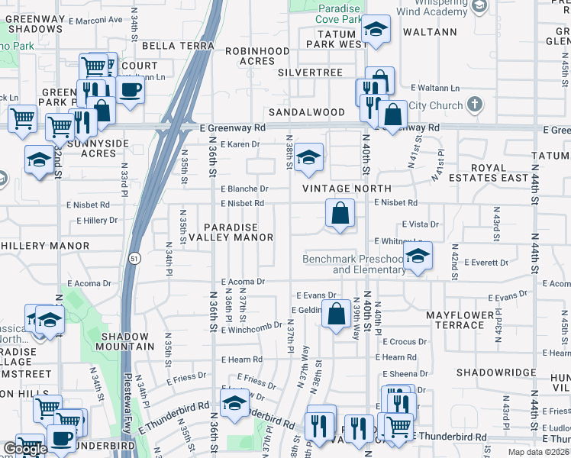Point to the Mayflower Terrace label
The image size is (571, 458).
pyautogui.click(x=455, y=320)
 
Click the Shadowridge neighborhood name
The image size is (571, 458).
pyautogui.click(x=496, y=373)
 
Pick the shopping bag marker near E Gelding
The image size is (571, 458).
pyautogui.click(x=336, y=314)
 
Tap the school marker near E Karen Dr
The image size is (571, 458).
pyautogui.click(x=308, y=158)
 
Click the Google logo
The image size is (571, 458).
pyautogui.click(x=24, y=449)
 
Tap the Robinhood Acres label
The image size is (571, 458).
pyautogui.click(x=258, y=56)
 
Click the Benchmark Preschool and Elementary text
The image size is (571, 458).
pyautogui.click(x=353, y=264)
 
